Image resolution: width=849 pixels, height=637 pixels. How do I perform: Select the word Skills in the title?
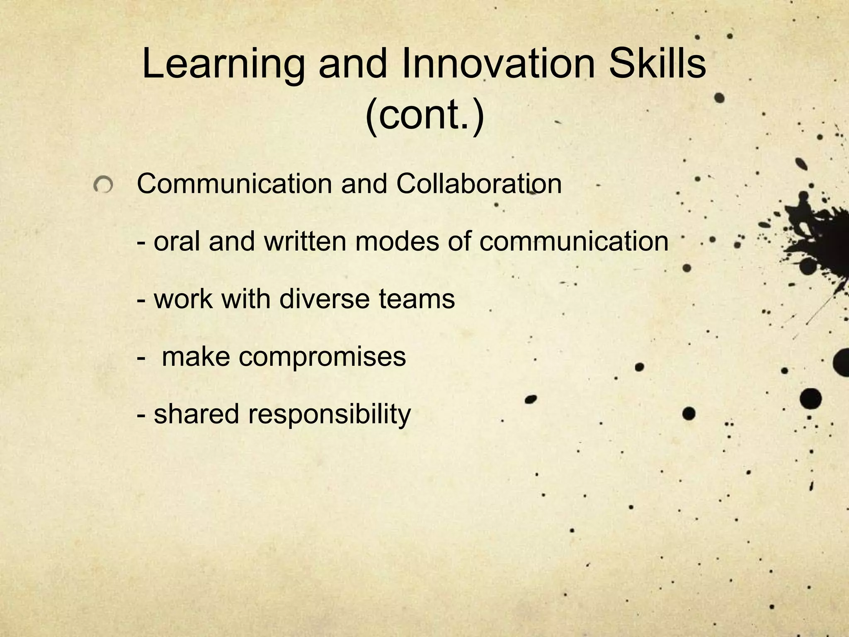tap(658, 64)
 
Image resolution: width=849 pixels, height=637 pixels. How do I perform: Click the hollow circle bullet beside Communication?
tap(103, 185)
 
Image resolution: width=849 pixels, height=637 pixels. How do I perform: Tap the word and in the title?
tap(352, 64)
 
